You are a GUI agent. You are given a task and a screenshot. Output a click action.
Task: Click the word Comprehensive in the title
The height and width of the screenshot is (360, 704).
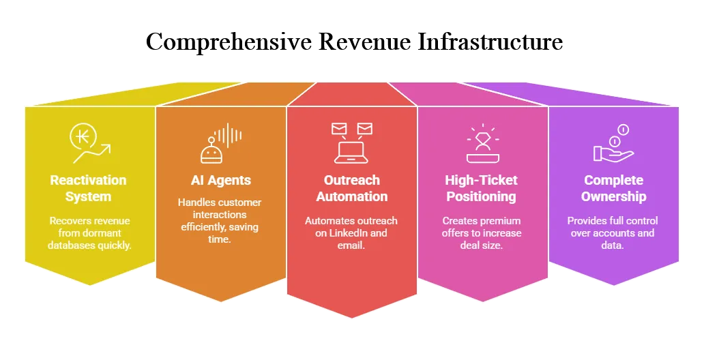pos(229,42)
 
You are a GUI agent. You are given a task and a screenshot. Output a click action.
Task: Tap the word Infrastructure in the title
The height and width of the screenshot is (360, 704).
pos(490,42)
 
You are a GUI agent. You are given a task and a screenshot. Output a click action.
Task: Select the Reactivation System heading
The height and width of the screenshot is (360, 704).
pos(89,188)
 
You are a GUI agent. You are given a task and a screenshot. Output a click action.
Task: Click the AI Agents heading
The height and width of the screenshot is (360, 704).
pos(220,181)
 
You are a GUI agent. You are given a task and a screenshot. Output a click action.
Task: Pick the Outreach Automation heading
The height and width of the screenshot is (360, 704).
pos(352,188)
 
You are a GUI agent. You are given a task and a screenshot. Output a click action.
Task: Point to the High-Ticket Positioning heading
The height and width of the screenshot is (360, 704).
pos(482,188)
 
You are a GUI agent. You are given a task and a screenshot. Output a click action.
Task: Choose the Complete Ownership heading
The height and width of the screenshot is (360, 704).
pos(614,188)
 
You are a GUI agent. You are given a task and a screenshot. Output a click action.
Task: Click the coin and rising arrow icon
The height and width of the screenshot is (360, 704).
pos(90,143)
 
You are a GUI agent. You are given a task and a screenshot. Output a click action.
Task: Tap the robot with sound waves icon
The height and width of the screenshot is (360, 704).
pos(220,143)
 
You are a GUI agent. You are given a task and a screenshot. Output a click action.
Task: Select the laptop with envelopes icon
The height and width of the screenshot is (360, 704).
pos(351,143)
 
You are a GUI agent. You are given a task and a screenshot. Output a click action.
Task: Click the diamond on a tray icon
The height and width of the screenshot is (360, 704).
pos(483,143)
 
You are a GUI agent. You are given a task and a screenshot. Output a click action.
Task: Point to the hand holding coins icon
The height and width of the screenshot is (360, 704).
pos(613,143)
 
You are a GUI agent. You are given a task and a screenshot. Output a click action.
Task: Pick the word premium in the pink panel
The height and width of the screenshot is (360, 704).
pos(502,221)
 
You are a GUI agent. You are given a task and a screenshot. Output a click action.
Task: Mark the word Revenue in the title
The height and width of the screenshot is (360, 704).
pos(364,42)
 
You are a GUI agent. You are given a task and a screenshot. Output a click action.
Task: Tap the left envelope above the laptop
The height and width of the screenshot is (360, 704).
pos(339,130)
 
